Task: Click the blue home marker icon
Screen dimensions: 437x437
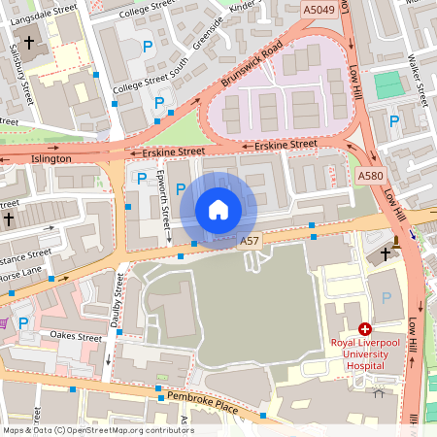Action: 218,209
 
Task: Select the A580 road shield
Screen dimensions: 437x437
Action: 370,176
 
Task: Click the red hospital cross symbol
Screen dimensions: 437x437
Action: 365,330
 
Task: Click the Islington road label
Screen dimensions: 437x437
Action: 51,158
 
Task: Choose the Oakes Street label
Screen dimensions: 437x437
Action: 77,336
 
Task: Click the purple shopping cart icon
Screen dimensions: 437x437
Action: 3,322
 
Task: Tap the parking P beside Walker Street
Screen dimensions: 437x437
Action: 393,121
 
